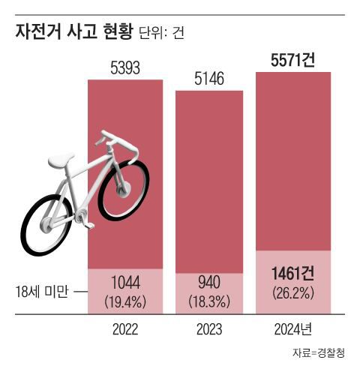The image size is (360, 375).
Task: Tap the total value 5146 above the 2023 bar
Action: point(209,78)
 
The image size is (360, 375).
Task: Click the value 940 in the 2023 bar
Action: point(209,284)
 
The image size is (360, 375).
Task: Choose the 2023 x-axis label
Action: point(209,328)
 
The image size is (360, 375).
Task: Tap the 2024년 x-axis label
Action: point(293,328)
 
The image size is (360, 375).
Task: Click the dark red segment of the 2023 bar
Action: point(209,180)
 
